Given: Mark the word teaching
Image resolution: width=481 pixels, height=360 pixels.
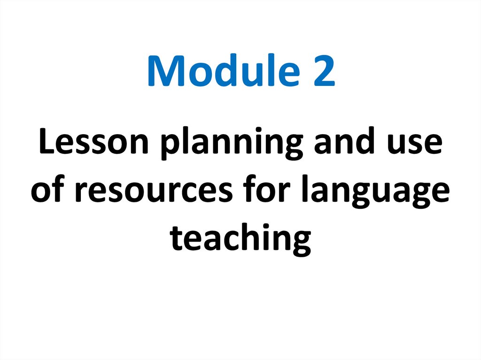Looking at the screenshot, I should click(240, 238).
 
